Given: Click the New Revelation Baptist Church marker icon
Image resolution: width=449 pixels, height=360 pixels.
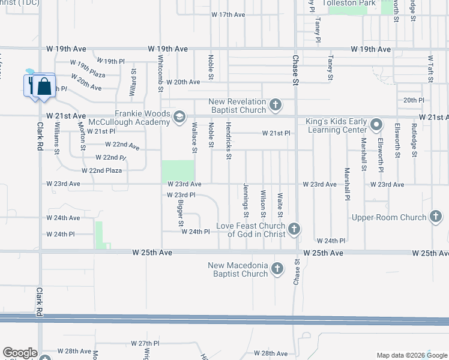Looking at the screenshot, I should (275, 106).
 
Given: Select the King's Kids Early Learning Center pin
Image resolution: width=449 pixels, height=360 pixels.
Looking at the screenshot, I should (376, 125).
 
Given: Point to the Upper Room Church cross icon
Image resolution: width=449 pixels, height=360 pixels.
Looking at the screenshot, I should (436, 217).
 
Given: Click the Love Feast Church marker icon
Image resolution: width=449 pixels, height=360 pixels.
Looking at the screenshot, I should (294, 228).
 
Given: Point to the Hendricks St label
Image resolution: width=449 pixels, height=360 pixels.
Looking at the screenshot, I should (229, 142).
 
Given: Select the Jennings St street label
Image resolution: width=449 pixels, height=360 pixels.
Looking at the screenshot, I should (246, 200).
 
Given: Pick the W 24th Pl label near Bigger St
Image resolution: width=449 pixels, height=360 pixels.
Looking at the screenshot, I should (195, 231).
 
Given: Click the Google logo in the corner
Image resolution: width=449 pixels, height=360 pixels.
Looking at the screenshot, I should (20, 353).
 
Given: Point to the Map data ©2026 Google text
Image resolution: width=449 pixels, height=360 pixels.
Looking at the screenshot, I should (411, 355).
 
